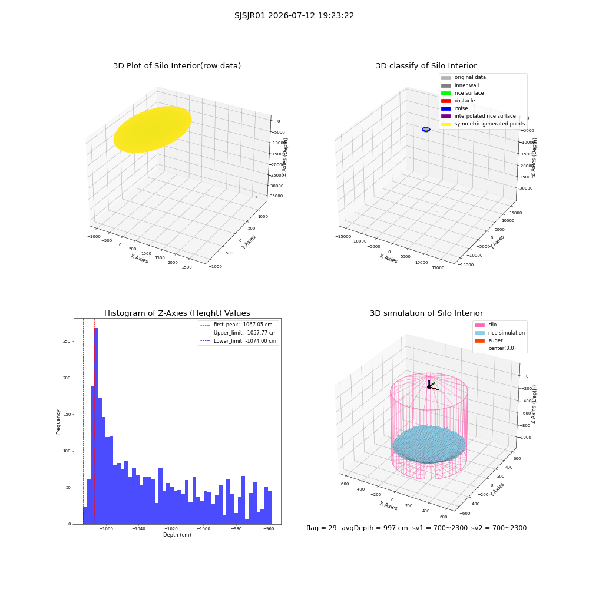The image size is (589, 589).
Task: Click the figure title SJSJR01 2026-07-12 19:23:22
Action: tap(294, 16)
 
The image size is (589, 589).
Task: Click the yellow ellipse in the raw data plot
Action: tap(153, 129)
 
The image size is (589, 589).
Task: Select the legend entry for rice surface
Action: tap(462, 93)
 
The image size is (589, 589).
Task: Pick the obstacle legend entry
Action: tap(458, 101)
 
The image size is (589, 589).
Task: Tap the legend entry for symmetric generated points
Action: tap(483, 124)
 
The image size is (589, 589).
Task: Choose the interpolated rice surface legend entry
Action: tap(478, 116)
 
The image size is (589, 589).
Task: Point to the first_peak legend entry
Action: tap(236, 325)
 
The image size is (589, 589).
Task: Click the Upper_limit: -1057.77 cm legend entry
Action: tap(238, 333)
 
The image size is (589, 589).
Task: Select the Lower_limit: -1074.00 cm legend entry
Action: tap(238, 341)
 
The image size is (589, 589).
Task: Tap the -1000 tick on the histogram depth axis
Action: tap(204, 528)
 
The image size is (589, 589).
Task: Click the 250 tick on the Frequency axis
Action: tap(67, 342)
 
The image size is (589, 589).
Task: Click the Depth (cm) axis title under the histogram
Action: tap(177, 535)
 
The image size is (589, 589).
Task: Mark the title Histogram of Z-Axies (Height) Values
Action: tap(177, 313)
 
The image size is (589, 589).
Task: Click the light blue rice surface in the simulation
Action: tap(429, 444)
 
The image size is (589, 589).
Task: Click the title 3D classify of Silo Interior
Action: tap(426, 66)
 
